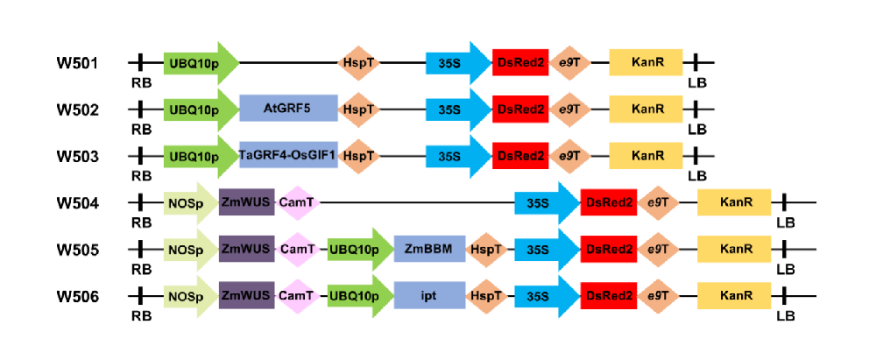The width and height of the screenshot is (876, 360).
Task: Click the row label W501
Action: tap(78, 63)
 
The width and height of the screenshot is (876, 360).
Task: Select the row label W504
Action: tap(78, 203)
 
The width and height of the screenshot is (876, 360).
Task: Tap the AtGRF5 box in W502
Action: tap(287, 109)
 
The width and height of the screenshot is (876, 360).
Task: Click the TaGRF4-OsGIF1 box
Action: tap(287, 156)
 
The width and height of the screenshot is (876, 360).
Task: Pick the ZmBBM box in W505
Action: tap(429, 250)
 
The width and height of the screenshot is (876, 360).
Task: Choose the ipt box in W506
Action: tap(429, 296)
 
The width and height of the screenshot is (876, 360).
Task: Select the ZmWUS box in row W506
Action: tap(246, 296)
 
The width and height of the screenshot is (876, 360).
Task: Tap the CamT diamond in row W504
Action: tap(296, 203)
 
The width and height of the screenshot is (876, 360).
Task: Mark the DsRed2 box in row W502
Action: tap(520, 109)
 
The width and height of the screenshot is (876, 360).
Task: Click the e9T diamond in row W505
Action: tap(658, 250)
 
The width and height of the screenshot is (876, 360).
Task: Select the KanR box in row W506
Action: tap(734, 296)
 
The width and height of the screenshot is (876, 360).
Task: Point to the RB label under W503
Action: tap(141, 175)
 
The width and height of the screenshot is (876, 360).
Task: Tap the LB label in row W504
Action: tap(786, 222)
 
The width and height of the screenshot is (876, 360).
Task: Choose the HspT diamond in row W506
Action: tap(487, 296)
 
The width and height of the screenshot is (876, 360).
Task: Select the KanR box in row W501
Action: tap(646, 63)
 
